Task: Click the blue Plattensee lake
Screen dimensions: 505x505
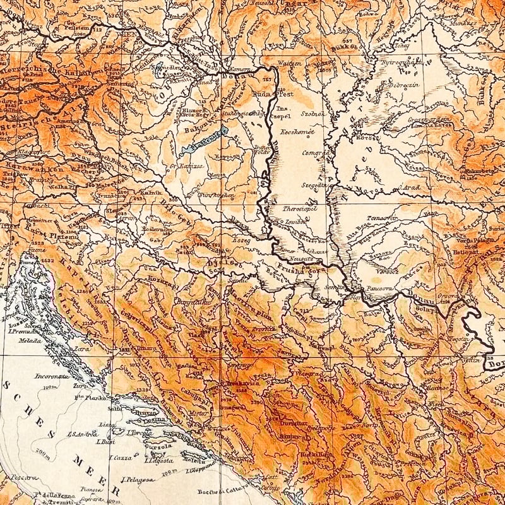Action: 201,142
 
